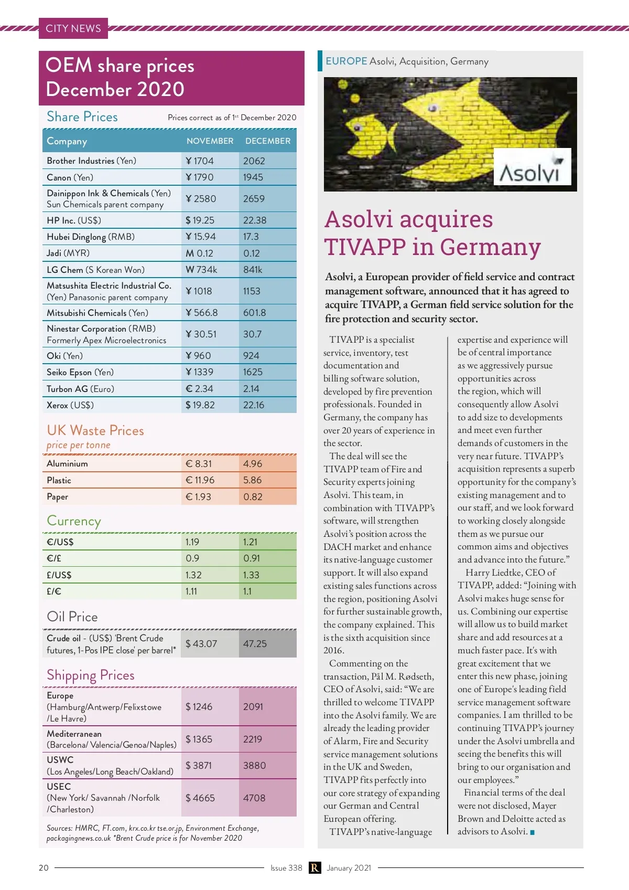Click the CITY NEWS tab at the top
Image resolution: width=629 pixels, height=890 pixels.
click(73, 28)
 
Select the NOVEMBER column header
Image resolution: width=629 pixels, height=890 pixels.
click(210, 141)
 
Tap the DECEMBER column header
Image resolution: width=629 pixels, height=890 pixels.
click(267, 141)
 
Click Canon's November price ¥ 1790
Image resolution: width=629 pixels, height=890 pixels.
click(200, 177)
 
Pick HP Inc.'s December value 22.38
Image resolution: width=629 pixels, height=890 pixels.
click(255, 220)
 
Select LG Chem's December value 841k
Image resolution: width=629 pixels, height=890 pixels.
click(253, 270)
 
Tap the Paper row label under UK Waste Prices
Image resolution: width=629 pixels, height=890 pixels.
click(58, 497)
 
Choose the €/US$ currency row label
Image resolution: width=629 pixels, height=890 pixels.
click(60, 542)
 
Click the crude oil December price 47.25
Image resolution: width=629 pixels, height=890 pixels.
click(255, 644)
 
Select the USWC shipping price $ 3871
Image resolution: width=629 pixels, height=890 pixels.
click(199, 766)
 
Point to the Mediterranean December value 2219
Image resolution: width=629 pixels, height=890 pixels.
click(253, 739)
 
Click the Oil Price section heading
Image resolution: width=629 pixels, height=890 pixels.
click(72, 617)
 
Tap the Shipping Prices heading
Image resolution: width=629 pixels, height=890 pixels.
click(91, 675)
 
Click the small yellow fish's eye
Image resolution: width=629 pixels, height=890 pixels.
click(359, 126)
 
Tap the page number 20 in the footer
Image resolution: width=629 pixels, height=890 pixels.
click(44, 868)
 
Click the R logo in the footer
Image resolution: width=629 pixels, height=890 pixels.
click(314, 868)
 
